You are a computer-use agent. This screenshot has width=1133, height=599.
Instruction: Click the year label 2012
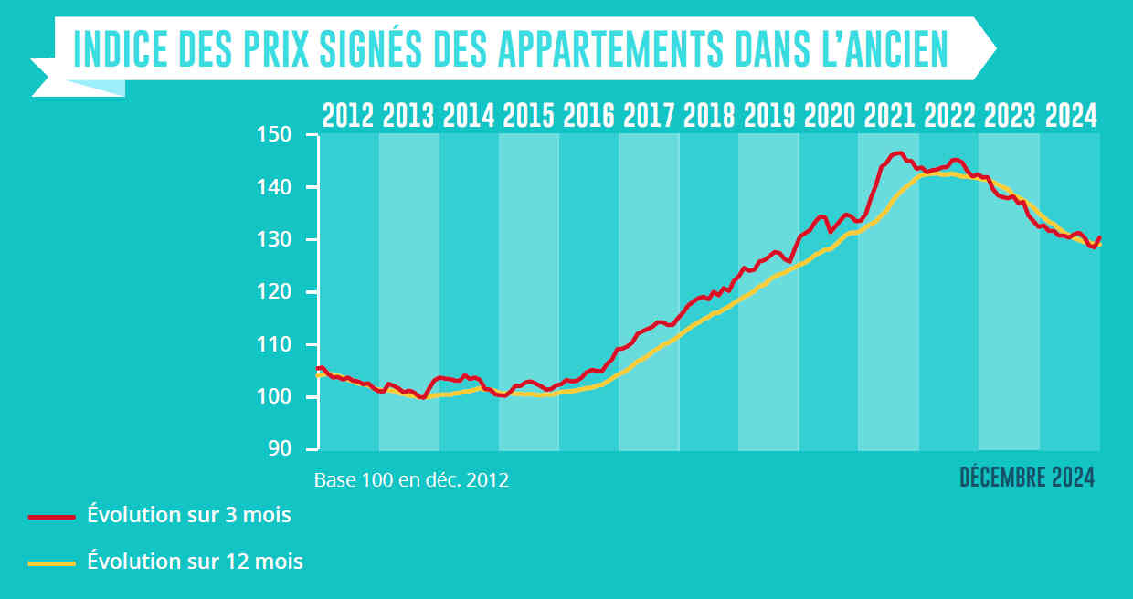348,116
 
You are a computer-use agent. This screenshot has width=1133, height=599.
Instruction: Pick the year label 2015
528,116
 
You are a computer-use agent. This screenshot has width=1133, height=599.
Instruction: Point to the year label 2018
709,116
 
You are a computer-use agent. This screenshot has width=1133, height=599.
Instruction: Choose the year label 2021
889,116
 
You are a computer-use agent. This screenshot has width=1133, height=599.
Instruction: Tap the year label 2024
1070,116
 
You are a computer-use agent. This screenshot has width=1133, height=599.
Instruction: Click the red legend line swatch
51,516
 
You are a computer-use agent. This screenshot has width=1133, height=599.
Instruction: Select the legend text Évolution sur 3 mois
189,515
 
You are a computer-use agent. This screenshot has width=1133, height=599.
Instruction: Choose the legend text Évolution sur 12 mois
195,562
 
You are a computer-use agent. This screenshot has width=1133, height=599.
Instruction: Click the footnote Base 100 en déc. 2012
411,479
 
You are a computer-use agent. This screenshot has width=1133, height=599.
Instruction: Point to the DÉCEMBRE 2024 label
1027,478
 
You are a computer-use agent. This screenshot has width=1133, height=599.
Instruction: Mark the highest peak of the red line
899,152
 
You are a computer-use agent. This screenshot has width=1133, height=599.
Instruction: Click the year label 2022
949,116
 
